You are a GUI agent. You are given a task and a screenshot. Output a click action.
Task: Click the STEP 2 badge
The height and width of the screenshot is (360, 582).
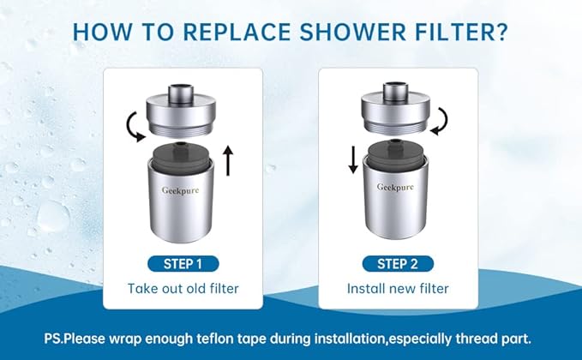pyautogui.click(x=397, y=263)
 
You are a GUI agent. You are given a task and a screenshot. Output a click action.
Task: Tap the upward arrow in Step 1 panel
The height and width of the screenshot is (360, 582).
pyautogui.click(x=229, y=160)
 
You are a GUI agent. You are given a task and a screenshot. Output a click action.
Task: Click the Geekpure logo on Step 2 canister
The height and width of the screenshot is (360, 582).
pyautogui.click(x=395, y=186)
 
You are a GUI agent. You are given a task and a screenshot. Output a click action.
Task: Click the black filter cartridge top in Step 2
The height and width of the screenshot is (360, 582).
pyautogui.click(x=396, y=153)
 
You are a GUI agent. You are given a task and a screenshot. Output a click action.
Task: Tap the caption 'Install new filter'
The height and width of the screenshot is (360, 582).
pyautogui.click(x=397, y=289)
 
